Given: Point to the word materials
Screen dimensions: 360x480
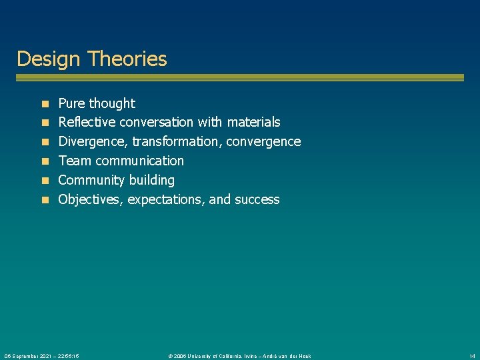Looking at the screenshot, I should tap(253, 122).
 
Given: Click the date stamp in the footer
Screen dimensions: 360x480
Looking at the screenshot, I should tap(42, 356).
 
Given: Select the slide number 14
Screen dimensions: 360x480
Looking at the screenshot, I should tap(472, 356).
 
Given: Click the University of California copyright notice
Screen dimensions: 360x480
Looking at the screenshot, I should tap(239, 356).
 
